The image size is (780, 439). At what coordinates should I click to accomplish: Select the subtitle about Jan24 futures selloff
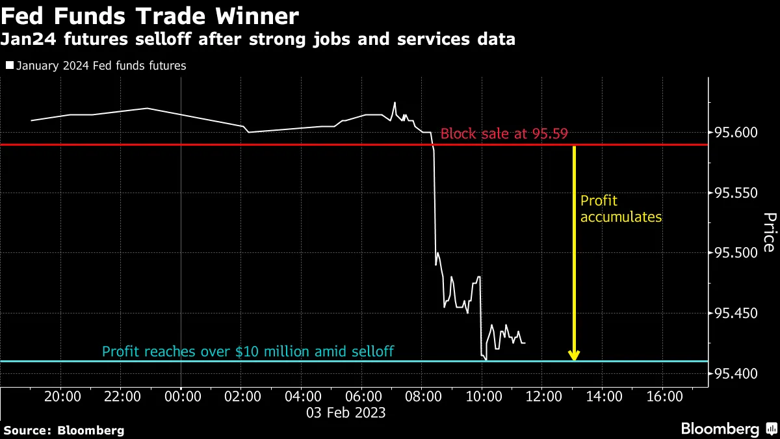258,40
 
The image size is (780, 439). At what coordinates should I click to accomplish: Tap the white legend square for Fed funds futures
9,66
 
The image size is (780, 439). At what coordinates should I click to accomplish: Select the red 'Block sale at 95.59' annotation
504,135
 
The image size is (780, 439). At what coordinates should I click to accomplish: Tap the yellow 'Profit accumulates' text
621,209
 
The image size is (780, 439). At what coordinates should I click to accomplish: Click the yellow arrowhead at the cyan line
574,355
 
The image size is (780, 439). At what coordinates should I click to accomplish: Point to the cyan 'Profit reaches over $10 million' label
248,352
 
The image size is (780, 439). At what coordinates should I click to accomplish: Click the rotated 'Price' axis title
768,232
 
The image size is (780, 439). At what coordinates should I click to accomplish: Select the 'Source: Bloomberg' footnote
64,430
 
